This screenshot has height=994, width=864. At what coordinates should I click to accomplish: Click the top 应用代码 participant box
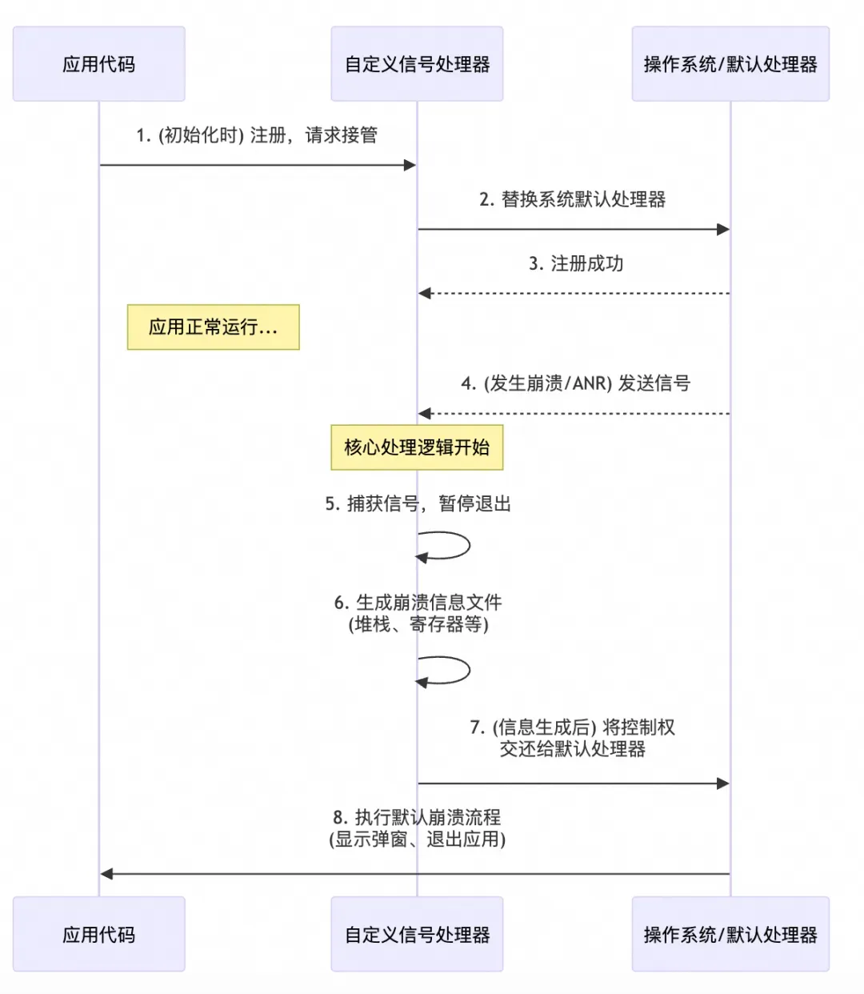[x=98, y=64]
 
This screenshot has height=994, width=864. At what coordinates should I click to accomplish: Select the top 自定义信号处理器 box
[x=417, y=64]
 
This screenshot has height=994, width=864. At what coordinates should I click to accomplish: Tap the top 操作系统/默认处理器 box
[x=730, y=64]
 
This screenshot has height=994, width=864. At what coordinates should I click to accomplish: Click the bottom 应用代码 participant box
[x=98, y=934]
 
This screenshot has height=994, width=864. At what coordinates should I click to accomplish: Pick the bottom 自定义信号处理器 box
[x=417, y=934]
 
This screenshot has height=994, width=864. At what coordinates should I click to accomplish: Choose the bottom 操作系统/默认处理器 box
[x=730, y=934]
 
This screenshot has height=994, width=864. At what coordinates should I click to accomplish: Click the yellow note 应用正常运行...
[x=213, y=327]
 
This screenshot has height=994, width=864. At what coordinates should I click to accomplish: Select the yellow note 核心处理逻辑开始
[x=417, y=447]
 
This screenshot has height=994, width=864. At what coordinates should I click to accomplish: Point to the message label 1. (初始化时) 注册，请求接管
[x=257, y=135]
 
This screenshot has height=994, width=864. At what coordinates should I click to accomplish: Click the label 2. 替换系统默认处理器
[x=573, y=199]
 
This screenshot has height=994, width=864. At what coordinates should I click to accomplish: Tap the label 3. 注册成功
[x=576, y=263]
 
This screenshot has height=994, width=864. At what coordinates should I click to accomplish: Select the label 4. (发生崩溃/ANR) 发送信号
[x=575, y=383]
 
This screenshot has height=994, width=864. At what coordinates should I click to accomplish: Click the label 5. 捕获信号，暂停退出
[x=418, y=503]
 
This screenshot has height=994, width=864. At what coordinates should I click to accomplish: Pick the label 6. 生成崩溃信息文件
[x=418, y=603]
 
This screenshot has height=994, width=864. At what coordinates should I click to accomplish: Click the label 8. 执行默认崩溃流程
[x=417, y=817]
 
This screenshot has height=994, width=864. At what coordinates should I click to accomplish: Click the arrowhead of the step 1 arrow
[x=410, y=166]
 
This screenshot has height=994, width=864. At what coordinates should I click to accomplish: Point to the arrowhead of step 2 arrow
[x=723, y=230]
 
